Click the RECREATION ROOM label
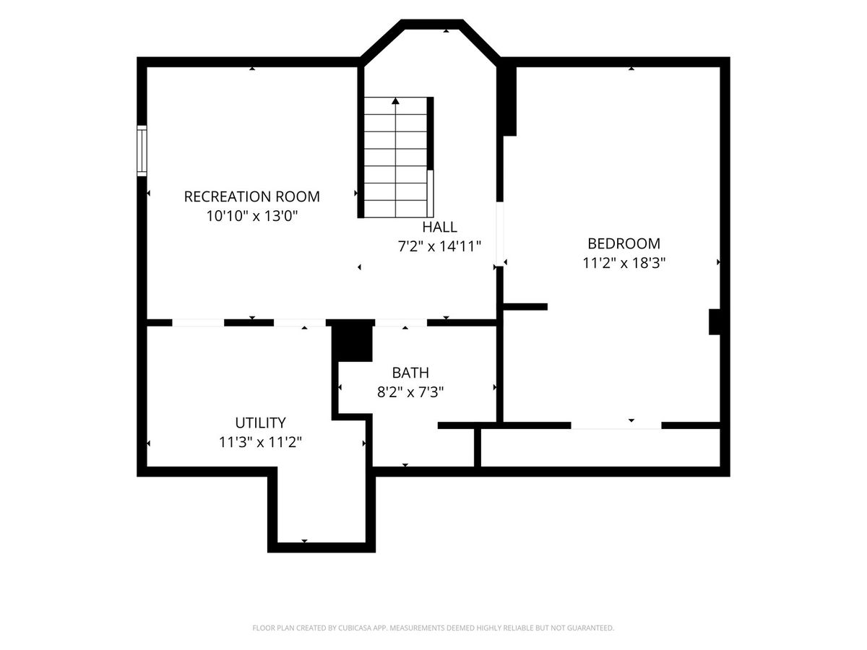tap(251, 196)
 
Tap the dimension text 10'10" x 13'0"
tap(251, 216)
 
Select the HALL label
tap(439, 227)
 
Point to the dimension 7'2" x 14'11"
tap(439, 246)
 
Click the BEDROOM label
tap(624, 243)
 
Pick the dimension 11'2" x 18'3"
tap(624, 263)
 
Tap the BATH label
tap(410, 373)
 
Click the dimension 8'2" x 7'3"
tap(410, 392)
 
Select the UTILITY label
tap(260, 422)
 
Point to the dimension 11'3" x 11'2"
tap(260, 442)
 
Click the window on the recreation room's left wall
tap(142, 151)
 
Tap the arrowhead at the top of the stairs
tap(395, 101)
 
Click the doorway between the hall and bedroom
tap(500, 234)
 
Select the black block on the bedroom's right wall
tap(715, 322)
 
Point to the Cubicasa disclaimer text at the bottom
tap(433, 628)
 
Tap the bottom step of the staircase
tap(395, 209)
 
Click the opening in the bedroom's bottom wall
tap(616, 425)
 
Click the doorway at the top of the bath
tap(401, 323)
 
